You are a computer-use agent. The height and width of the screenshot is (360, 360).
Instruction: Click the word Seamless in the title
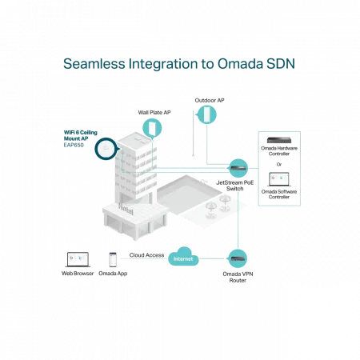(x=94, y=64)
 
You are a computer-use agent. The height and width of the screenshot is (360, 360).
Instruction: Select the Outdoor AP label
(x=210, y=100)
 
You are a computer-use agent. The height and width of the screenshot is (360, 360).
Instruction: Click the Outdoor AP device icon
(x=207, y=114)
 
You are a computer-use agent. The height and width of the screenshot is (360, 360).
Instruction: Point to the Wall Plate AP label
(x=154, y=113)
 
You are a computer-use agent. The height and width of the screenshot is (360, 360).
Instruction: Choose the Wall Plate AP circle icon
(x=152, y=128)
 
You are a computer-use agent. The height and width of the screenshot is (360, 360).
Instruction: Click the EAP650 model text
(x=74, y=145)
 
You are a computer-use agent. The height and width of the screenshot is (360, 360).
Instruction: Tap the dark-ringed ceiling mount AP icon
(x=106, y=149)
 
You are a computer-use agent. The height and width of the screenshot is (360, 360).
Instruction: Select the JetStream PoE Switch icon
(x=238, y=168)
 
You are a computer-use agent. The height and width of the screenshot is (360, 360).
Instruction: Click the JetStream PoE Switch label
(x=234, y=186)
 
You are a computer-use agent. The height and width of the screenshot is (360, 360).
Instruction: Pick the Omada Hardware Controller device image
(x=279, y=140)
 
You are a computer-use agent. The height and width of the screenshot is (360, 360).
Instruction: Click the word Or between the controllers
(x=279, y=164)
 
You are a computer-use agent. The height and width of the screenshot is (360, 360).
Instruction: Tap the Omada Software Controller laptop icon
(x=279, y=179)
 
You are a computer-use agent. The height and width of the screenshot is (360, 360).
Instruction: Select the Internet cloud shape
(x=183, y=257)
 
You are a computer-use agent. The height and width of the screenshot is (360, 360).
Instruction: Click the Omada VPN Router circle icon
(x=238, y=258)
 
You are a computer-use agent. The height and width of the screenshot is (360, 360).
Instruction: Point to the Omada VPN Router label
(x=238, y=277)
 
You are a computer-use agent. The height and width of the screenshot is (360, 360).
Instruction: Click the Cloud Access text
(x=146, y=255)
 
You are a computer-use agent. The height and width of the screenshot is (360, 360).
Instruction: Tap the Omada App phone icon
(x=113, y=259)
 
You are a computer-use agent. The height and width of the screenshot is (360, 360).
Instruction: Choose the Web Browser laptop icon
(x=78, y=259)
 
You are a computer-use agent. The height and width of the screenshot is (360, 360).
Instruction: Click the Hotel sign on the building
(x=126, y=209)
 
